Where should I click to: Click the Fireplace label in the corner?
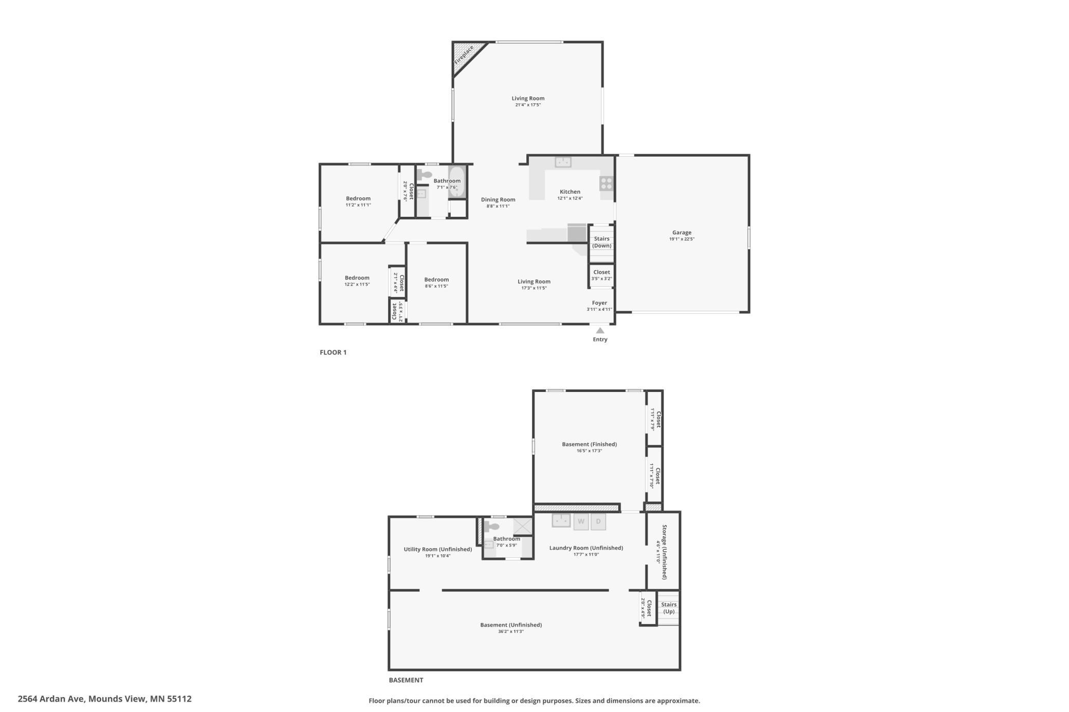pos(464,55)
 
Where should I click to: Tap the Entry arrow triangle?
pos(600,330)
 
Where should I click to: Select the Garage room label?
pos(681,233)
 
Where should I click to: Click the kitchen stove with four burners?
pos(606,183)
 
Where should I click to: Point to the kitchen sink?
pos(563,162)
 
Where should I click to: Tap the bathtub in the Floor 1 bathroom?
pos(456,182)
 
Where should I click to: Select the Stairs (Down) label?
pos(601,242)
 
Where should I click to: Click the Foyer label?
pos(599,303)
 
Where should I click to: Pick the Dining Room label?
pos(498,200)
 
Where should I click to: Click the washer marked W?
pos(581,521)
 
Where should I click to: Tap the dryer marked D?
pos(598,521)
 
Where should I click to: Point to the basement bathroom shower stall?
pos(523,526)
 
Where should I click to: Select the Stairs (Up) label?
pos(669,608)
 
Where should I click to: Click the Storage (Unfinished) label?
pos(664,552)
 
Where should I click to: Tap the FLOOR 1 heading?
pos(333,352)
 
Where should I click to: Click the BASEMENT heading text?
pos(406,680)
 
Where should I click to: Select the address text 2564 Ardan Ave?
pos(52,699)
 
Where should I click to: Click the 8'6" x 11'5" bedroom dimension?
pos(436,286)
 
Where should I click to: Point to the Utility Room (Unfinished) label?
pos(438,549)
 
